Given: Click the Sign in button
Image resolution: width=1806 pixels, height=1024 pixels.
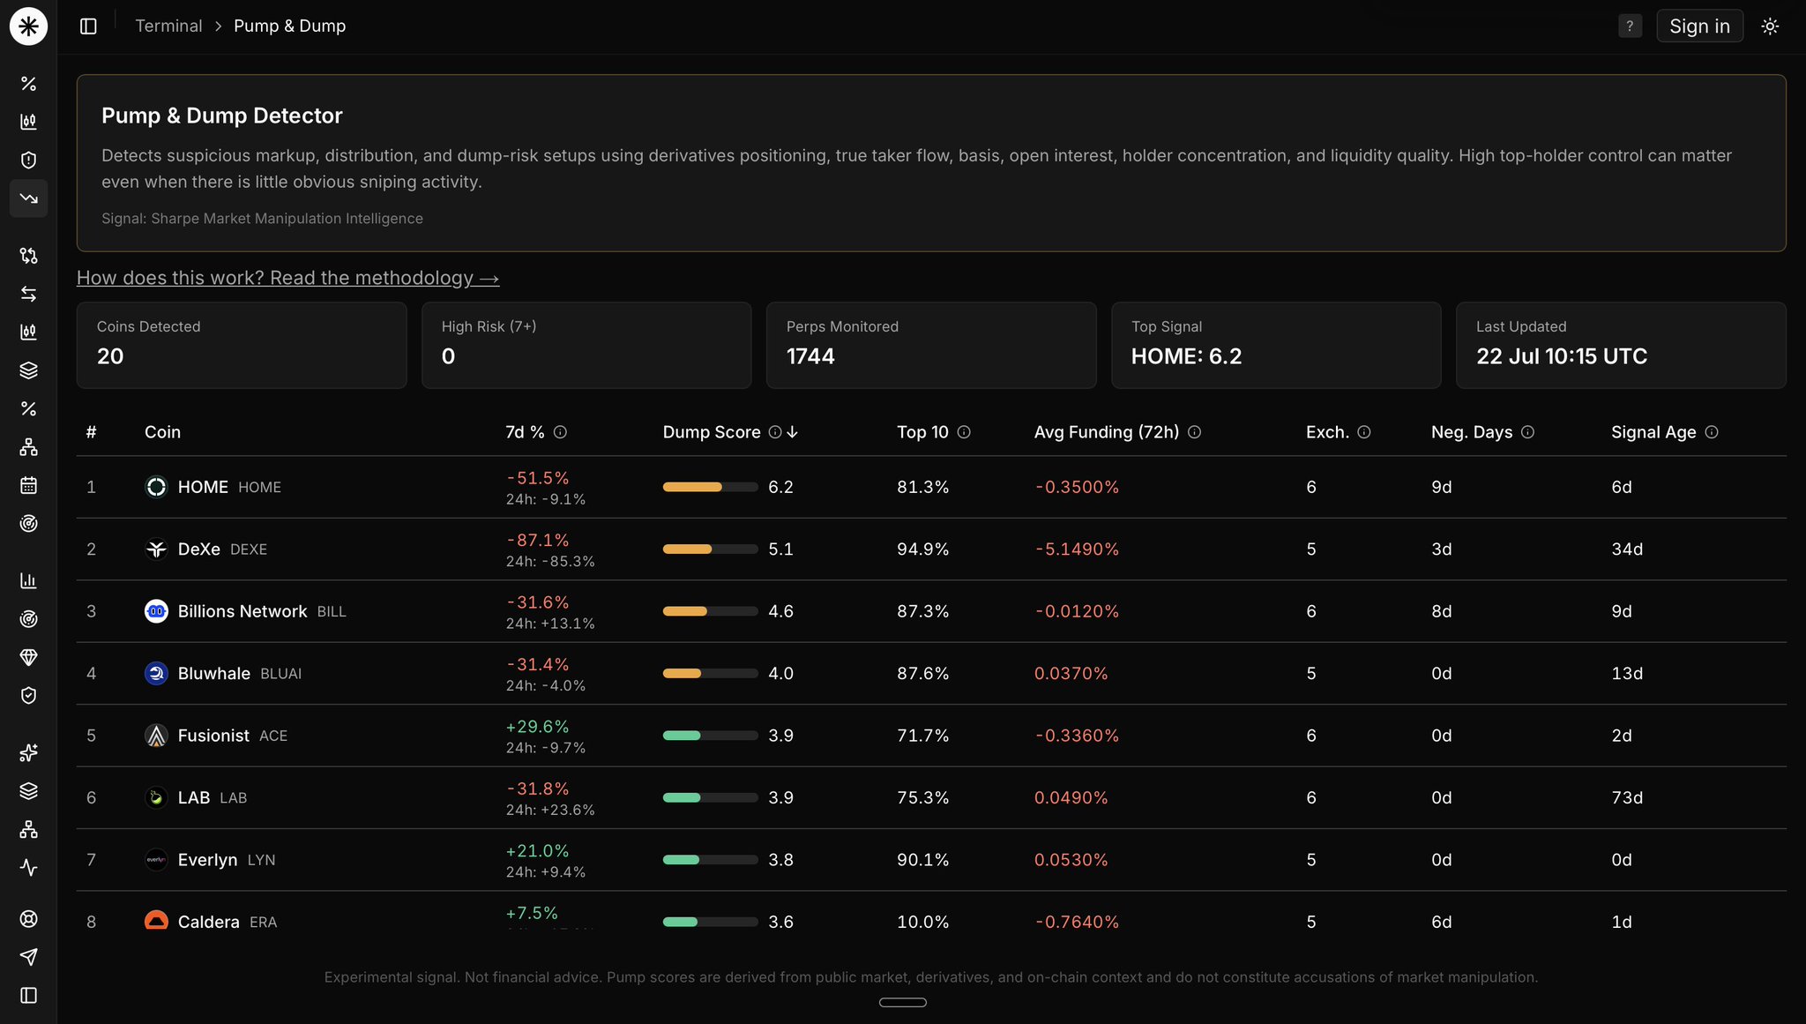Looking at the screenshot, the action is click(1699, 26).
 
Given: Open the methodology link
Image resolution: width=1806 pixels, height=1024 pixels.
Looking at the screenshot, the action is click(287, 278).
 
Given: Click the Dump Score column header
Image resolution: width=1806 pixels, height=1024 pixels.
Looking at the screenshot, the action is click(712, 432).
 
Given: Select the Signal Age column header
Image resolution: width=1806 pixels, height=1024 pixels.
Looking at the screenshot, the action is click(1653, 432).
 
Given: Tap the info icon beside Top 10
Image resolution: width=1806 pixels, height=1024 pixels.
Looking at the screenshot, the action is click(964, 432).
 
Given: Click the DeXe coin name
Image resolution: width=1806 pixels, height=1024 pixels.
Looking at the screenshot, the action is click(199, 549).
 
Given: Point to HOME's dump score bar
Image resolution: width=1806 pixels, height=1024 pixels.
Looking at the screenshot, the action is click(710, 487).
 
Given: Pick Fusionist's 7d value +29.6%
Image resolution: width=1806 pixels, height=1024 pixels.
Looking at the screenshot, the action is click(537, 727).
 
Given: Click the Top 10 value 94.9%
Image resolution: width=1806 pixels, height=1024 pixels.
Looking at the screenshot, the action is click(922, 549).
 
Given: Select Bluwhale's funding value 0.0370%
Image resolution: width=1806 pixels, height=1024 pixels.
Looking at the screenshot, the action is click(1071, 674).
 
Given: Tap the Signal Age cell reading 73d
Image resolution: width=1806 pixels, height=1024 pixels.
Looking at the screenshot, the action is click(1627, 798).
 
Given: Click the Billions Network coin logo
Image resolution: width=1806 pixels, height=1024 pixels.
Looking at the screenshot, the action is click(156, 611).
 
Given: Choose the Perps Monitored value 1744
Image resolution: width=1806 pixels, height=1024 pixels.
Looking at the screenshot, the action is click(810, 356).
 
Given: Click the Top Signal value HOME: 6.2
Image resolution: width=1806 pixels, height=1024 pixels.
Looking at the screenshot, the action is click(1186, 356).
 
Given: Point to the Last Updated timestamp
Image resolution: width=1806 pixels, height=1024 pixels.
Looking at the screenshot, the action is click(1562, 356).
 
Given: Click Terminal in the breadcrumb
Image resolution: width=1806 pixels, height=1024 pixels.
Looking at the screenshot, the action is click(168, 26).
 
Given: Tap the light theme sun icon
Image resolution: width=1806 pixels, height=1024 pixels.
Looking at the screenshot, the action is click(1770, 26).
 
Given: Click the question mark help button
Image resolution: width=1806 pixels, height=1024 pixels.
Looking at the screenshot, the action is click(1630, 26).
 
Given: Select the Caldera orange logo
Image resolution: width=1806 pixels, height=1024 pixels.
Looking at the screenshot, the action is click(156, 920).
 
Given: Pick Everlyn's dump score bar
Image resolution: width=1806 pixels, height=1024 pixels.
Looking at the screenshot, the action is click(710, 860).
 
